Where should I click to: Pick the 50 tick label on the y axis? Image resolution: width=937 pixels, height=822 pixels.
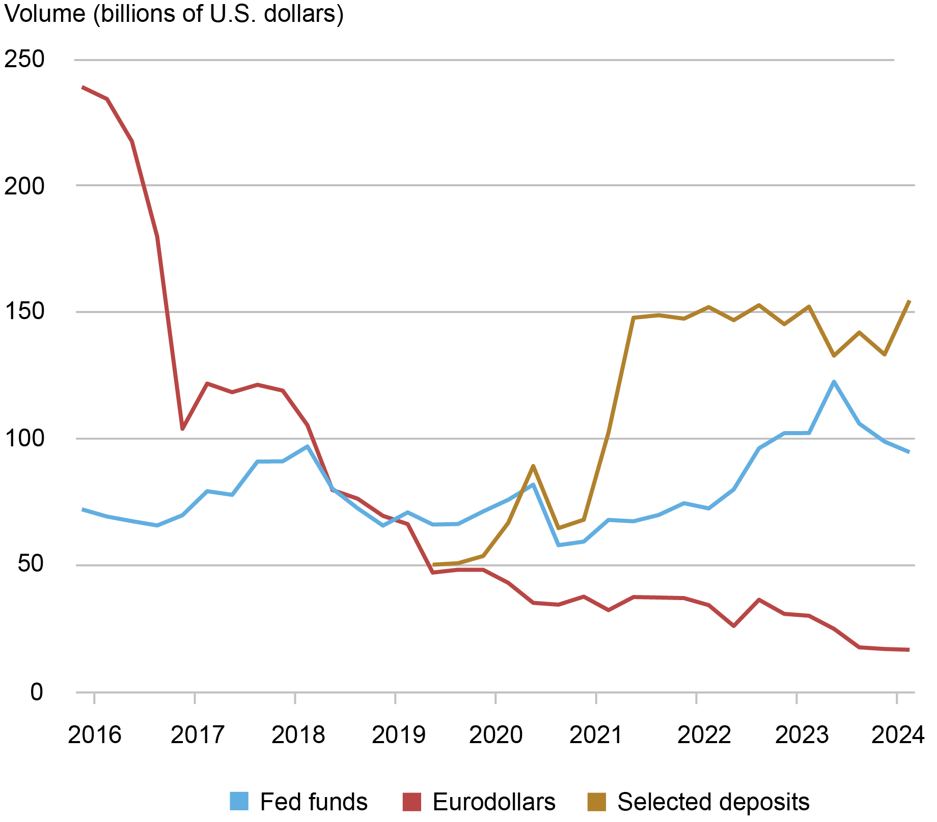point(30,565)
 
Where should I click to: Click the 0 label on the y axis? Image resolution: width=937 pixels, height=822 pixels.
point(36,692)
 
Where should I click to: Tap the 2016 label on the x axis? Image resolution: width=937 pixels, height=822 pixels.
point(94,735)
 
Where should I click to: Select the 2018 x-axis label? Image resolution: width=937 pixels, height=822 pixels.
point(298,735)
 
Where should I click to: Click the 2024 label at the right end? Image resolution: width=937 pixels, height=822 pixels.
point(898,735)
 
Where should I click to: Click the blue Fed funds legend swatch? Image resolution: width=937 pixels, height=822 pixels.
point(239,802)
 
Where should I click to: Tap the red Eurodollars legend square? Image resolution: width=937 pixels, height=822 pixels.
point(411,802)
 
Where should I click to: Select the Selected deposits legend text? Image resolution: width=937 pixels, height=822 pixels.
point(713,802)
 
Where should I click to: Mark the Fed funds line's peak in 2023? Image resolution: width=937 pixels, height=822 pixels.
point(834,381)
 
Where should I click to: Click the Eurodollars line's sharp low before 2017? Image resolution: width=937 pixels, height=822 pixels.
point(182,429)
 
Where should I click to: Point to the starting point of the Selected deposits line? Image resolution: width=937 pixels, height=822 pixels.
point(433,564)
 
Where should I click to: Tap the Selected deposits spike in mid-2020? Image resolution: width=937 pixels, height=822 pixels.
point(533,466)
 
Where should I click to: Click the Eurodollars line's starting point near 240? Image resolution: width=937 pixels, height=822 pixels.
point(83,87)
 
